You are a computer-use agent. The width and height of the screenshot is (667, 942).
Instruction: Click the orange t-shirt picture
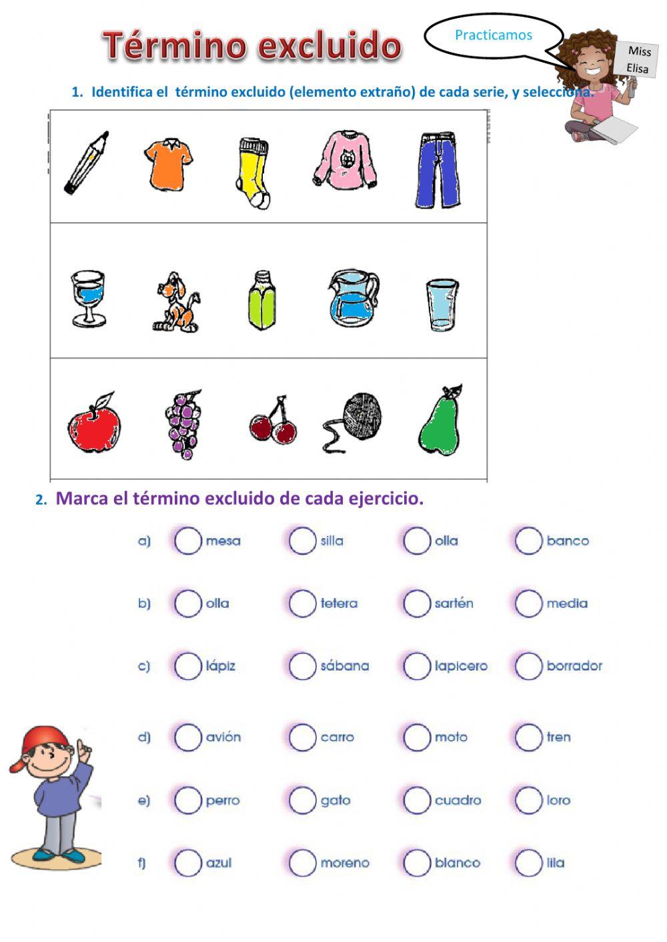coord(168,164)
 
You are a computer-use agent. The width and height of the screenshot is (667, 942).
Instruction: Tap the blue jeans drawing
coord(438,171)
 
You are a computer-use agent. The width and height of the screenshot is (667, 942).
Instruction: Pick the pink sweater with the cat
coord(345,159)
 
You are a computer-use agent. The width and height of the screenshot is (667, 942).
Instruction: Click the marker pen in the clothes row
coord(86,163)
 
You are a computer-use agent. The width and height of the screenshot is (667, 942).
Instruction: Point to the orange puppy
coord(176,303)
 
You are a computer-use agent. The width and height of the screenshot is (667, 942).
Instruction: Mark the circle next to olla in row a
coord(417,541)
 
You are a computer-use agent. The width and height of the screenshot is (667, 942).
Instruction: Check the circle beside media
coord(528,603)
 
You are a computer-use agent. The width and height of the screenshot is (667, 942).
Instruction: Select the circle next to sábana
coord(302,665)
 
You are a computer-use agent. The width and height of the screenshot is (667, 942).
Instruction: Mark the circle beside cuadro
coord(417,800)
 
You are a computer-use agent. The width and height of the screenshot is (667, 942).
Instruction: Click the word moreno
coord(344,863)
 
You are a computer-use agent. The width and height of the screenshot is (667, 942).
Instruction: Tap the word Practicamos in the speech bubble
coord(493,35)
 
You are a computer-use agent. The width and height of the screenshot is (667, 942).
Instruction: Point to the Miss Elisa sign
coord(638,60)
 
